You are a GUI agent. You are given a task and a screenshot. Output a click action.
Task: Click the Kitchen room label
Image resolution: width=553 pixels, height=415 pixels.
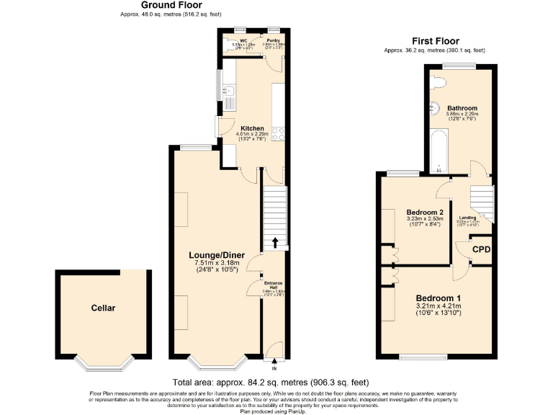point(251,128)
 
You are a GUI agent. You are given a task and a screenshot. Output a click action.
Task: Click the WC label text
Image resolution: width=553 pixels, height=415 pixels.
point(243,41)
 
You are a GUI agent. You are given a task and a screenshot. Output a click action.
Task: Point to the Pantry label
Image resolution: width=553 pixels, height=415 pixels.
point(273,41)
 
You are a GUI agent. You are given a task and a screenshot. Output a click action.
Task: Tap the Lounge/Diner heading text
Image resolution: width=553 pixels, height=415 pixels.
point(217,255)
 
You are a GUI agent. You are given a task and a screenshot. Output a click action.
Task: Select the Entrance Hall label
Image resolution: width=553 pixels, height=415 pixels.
point(274,285)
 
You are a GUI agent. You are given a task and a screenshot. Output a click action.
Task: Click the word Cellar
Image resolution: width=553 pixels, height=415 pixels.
point(103,308)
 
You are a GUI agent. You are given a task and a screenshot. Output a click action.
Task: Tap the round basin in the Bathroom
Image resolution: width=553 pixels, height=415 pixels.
point(434,108)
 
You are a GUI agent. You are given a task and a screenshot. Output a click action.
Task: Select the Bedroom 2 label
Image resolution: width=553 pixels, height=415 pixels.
point(425,213)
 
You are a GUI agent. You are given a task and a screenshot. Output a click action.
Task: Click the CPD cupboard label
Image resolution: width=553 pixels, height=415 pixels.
point(480,250)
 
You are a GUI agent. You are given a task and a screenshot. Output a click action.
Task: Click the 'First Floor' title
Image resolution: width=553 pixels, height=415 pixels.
point(435,41)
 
